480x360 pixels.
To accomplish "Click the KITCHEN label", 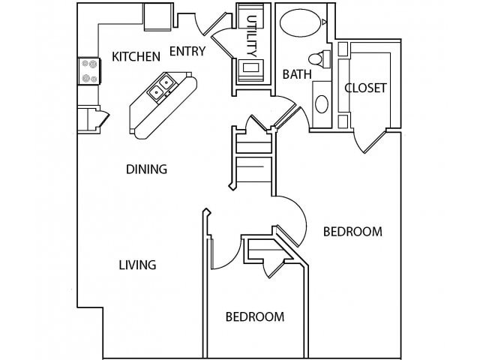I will coord(136,56).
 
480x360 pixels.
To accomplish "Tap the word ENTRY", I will coord(187,52).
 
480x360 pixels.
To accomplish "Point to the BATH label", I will coord(292,74).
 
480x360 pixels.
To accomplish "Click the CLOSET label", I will coord(365,88).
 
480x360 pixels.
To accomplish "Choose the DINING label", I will coord(146,169).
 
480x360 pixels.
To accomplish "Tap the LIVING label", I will coord(137,264).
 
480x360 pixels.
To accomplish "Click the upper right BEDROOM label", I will coord(352,232).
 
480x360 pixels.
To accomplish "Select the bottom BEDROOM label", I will coord(255,316).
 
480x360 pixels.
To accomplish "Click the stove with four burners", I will coord(89,70).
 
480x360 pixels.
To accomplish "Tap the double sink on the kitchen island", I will coord(161,90).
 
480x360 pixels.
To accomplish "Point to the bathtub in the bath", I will coord(300,23).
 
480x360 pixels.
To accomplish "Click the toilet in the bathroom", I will coord(317,60).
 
